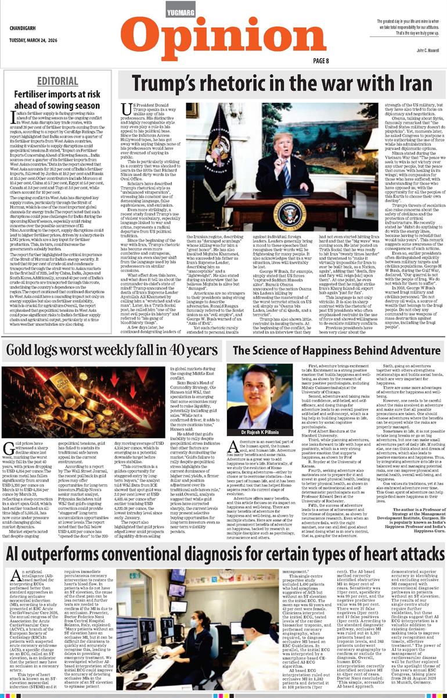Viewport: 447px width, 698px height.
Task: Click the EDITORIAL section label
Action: point(55,80)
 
